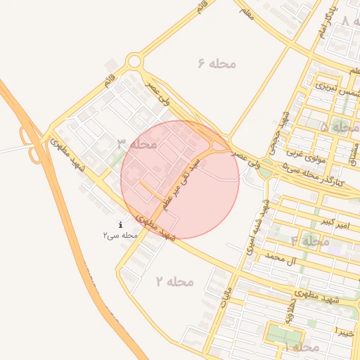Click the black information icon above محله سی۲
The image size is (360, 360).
pyautogui.click(x=120, y=224)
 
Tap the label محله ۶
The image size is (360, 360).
pyautogui.click(x=217, y=64)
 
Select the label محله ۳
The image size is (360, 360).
pyautogui.click(x=136, y=144)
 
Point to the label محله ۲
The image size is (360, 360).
pyautogui.click(x=174, y=281)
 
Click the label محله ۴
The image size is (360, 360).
pyautogui.click(x=310, y=241)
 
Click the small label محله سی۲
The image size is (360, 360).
pyautogui.click(x=120, y=235)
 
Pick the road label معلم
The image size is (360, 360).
pyautogui.click(x=246, y=12)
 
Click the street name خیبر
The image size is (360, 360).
pyautogui.click(x=344, y=331)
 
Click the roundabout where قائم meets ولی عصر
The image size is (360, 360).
pyautogui.click(x=134, y=62)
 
